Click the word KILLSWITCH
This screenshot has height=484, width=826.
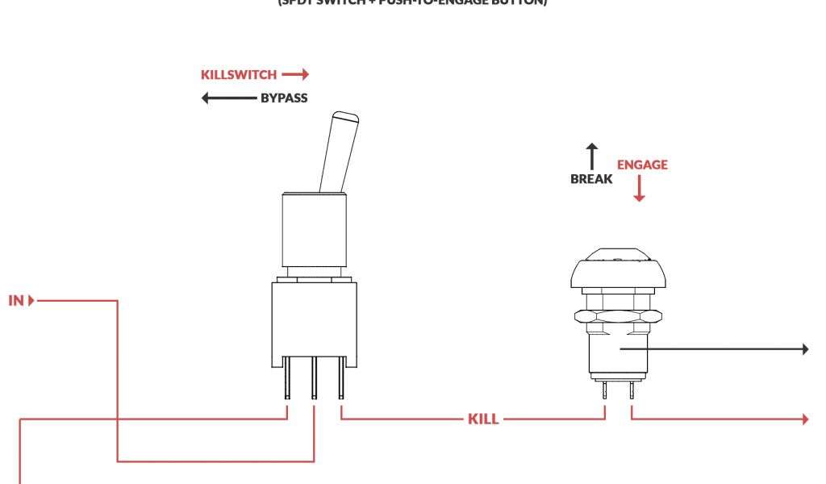238,75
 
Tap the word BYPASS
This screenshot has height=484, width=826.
284,98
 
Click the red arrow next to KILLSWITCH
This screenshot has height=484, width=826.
295,75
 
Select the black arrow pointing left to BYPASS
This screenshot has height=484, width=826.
228,98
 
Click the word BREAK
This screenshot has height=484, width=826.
590,179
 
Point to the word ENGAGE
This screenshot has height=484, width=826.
642,165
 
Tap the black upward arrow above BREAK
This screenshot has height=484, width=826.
592,156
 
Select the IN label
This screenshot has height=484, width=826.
17,302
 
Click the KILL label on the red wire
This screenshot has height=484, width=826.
483,419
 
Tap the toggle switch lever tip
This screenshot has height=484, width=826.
344,118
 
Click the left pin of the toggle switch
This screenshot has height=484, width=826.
287,383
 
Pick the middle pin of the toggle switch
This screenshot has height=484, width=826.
314,383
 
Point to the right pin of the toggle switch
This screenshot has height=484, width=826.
341,383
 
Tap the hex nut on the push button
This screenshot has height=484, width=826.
617,319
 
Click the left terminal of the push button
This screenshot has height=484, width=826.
605,390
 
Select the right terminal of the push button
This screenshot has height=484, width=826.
632,390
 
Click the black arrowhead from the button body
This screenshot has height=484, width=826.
803,348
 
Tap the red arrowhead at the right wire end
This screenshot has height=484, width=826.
803,419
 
